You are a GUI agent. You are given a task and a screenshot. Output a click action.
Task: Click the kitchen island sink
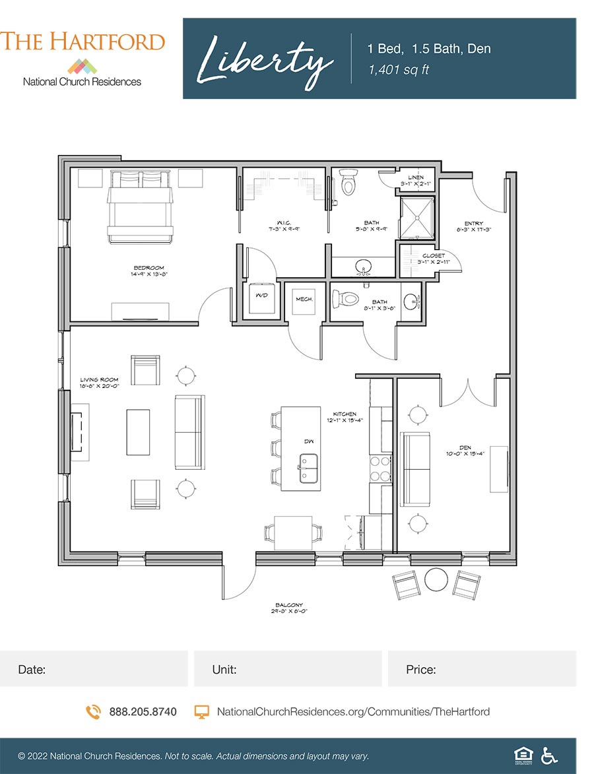point(308,468)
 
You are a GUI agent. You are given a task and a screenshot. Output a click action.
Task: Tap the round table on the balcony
point(436,580)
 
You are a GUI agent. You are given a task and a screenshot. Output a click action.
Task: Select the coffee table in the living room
point(139,432)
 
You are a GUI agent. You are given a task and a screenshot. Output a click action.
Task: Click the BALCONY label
point(290,605)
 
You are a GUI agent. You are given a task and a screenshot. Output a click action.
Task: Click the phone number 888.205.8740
point(143,712)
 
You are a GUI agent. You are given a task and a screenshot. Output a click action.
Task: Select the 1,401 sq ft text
point(399,69)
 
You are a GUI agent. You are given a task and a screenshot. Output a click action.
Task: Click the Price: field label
point(421,670)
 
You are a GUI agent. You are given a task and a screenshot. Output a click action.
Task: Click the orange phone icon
point(93,712)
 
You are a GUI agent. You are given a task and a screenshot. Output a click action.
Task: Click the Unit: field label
point(224,670)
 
